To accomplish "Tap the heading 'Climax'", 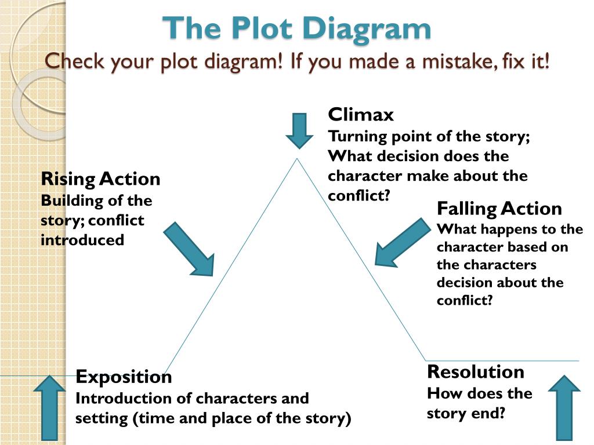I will [360, 115].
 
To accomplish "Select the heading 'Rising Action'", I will [100, 179].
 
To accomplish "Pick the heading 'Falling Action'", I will [499, 209].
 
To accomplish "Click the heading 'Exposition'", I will [124, 377].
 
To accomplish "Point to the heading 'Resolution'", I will [475, 371].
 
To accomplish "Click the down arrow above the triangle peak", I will [299, 130].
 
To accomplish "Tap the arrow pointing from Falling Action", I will [402, 242].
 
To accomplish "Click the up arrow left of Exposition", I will [49, 407].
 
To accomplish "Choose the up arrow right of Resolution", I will [564, 407].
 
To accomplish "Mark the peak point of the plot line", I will [298, 159].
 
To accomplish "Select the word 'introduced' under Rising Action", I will [82, 240].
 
